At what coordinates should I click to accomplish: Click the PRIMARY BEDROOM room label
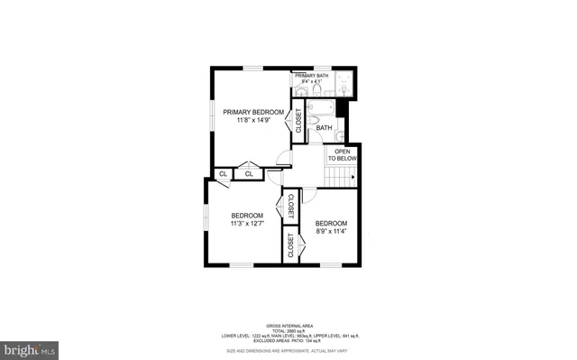253,112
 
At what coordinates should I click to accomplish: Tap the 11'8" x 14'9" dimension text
253,120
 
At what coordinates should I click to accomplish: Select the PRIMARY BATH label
310,76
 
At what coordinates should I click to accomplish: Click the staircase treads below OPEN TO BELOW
342,174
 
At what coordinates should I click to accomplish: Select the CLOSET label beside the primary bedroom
298,120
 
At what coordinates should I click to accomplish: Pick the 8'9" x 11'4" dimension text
330,231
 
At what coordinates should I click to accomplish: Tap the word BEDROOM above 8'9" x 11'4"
330,223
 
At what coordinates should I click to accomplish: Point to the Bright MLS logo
29,347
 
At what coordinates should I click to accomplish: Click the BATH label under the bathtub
324,128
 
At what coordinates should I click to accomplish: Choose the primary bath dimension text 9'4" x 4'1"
310,82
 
